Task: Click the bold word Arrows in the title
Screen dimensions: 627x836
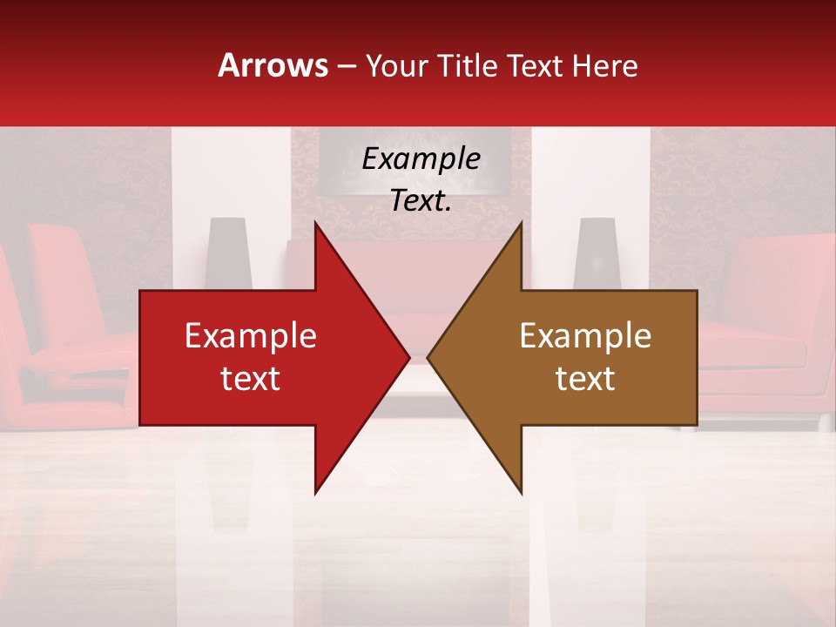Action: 273,65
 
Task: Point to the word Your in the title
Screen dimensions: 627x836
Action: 397,65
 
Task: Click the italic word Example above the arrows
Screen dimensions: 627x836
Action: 421,159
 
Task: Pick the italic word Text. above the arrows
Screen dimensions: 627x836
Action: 421,200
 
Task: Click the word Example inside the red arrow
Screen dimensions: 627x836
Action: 251,336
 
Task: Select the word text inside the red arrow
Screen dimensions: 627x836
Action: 251,379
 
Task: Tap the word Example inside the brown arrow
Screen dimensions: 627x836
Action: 585,336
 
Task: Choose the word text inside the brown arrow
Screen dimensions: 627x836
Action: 585,379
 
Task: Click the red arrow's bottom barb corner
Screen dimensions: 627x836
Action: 315,492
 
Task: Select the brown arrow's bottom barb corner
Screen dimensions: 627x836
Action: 521,492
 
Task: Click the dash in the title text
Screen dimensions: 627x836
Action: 346,66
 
